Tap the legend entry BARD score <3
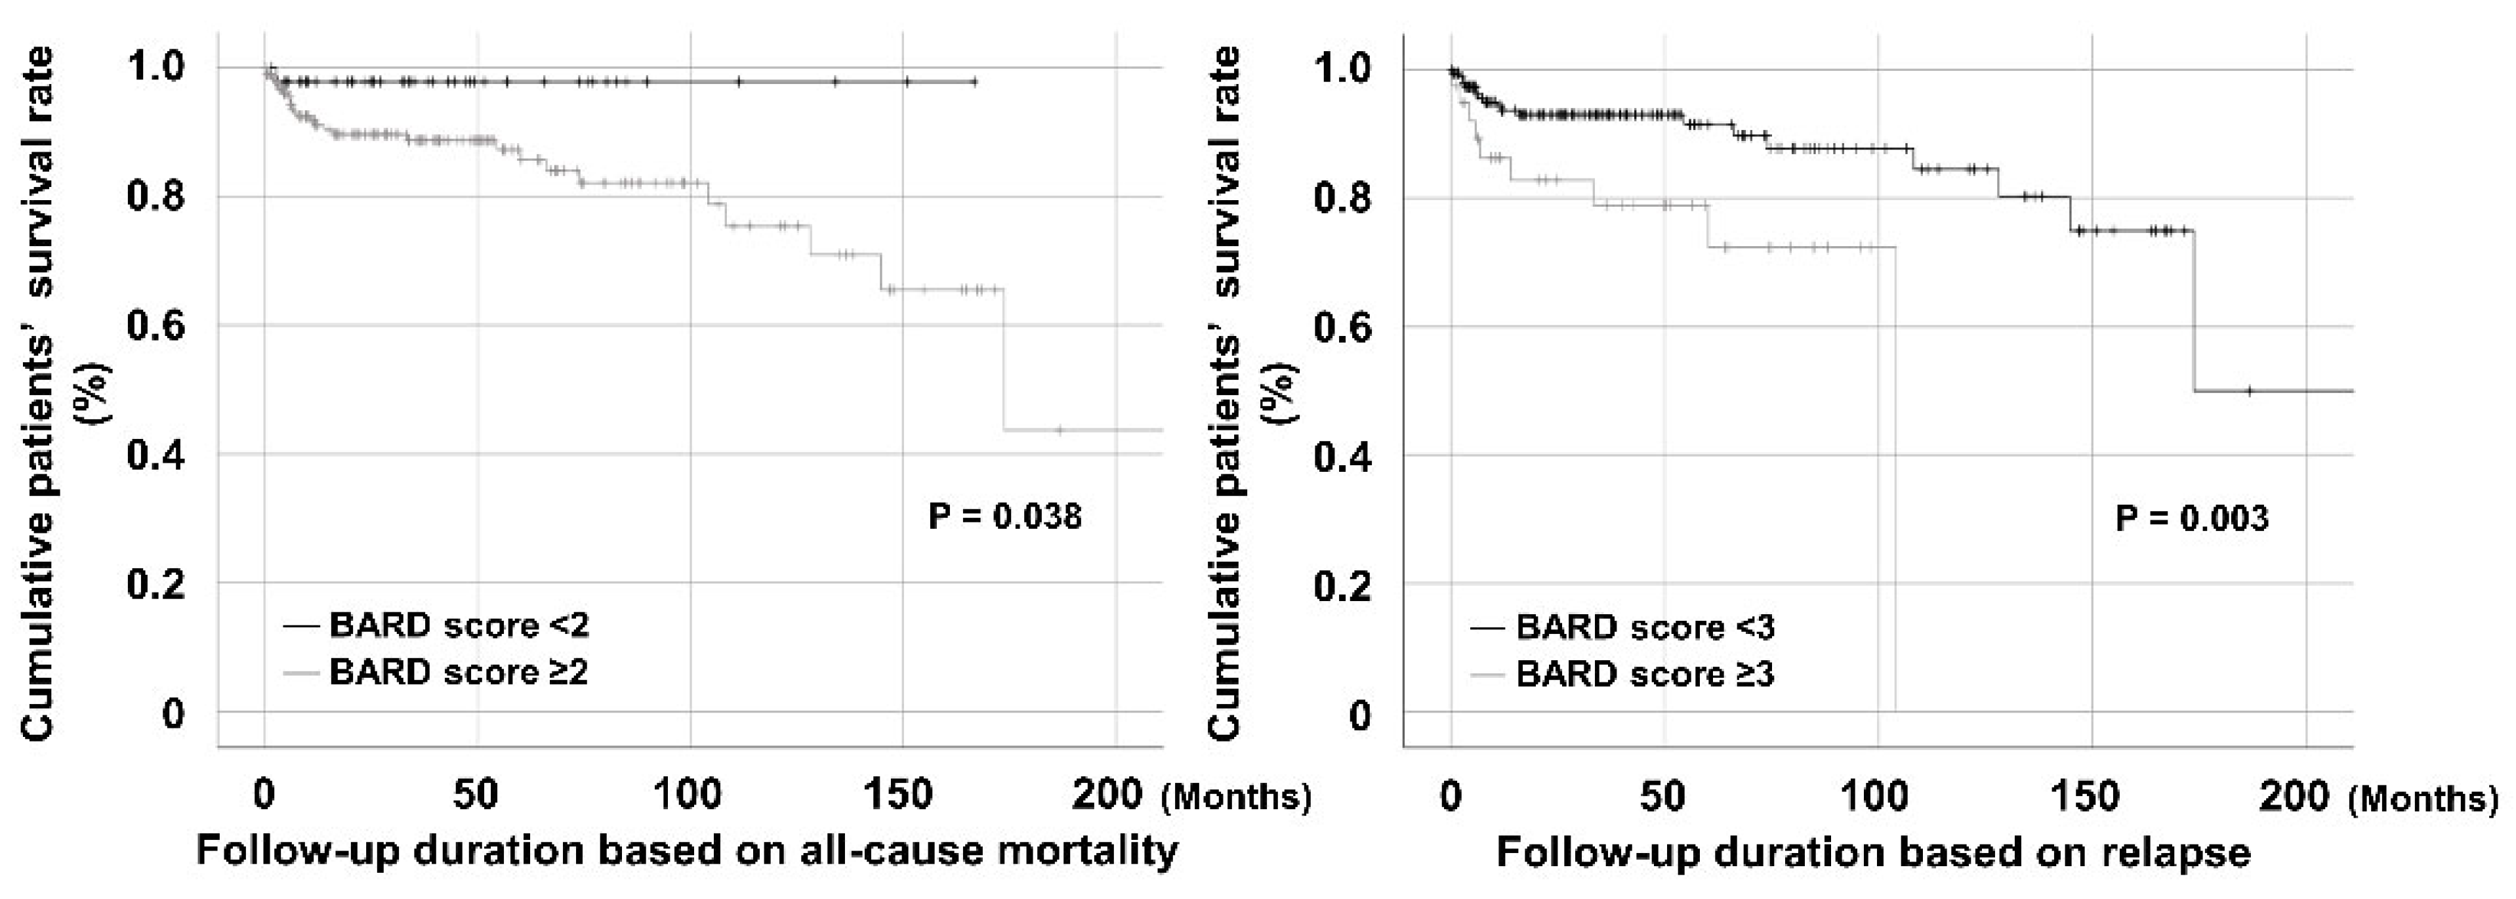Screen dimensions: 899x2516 point(1645,627)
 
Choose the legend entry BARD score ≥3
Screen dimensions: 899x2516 point(1645,675)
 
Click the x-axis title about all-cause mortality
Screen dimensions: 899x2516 point(688,851)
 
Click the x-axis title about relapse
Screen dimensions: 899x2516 point(1873,853)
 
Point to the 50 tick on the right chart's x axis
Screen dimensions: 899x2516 point(1662,797)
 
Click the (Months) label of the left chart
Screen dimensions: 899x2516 point(1237,797)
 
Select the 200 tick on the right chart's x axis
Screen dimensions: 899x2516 point(2296,797)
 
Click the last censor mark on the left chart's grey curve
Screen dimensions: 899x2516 point(1060,429)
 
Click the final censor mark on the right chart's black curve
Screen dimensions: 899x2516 point(2248,391)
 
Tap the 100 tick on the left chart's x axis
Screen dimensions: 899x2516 point(690,795)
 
